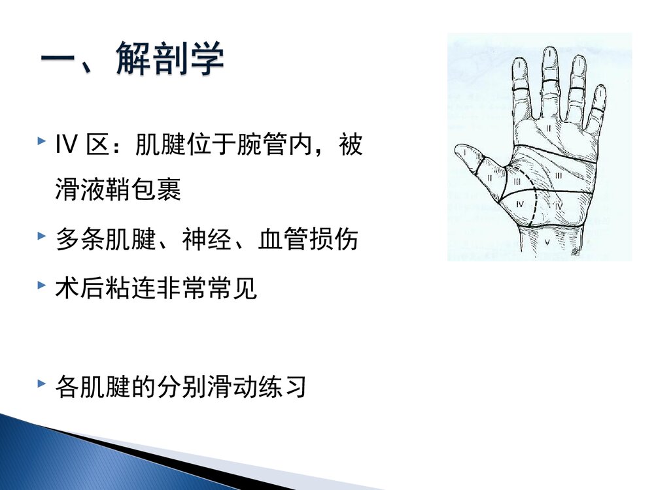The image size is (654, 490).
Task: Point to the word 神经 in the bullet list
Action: [207, 240]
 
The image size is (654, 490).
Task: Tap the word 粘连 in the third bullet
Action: [131, 289]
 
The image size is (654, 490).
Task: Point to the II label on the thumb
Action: [490, 177]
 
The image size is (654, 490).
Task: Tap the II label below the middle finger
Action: [549, 129]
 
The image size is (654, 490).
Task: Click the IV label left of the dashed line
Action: [520, 204]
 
